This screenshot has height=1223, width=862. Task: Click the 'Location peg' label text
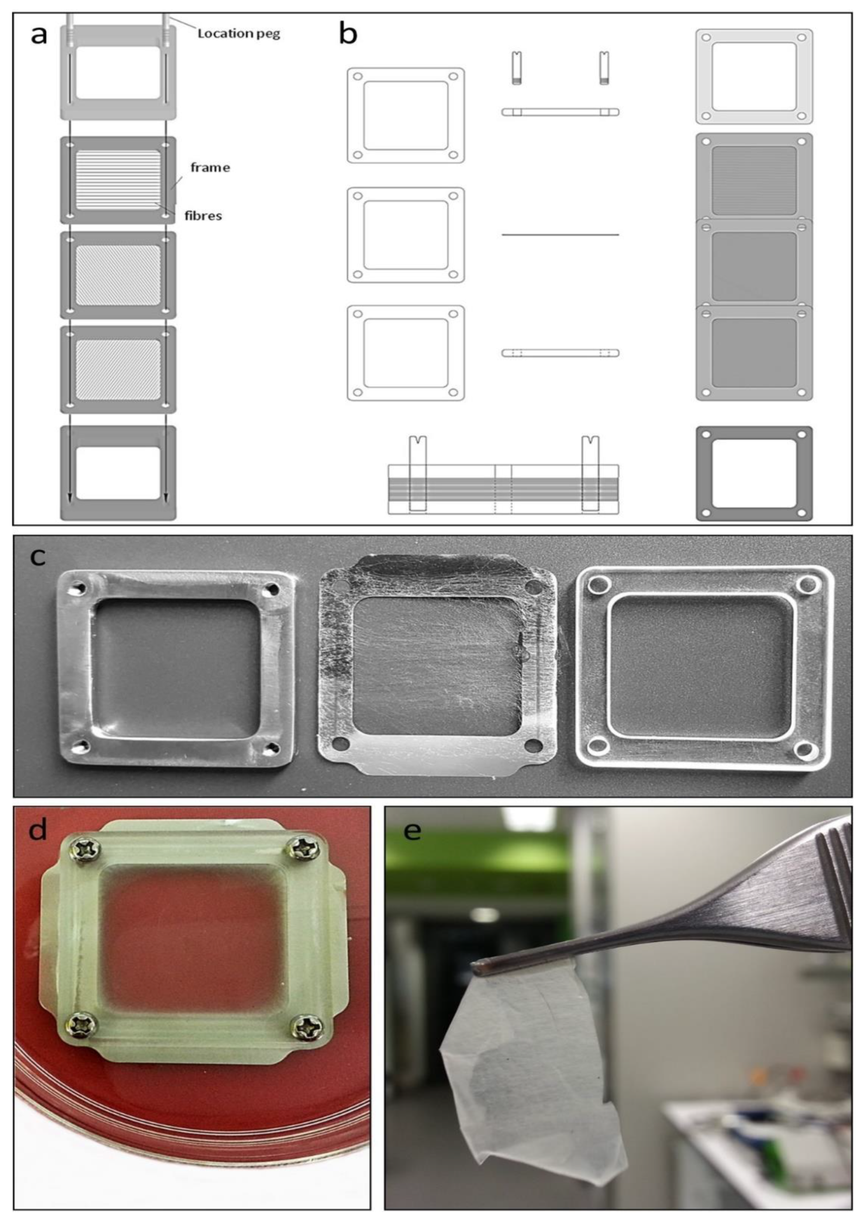[x=238, y=34]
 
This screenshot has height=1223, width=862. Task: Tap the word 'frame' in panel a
[x=210, y=167]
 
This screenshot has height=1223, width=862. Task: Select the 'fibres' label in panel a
[x=203, y=216]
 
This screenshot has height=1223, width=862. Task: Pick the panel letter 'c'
[x=37, y=557]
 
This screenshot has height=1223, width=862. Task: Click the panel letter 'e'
[x=413, y=830]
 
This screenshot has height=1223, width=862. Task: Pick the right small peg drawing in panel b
[x=604, y=68]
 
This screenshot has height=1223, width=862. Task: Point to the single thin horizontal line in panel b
[x=560, y=234]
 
